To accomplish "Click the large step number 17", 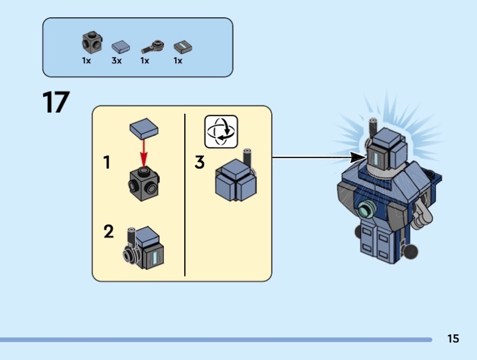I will click(55, 102).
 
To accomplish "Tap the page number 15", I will click(453, 339).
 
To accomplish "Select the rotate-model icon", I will click(221, 131).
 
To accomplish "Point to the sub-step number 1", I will click(107, 162).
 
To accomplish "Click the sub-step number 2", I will click(108, 231).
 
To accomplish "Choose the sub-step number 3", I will click(200, 162).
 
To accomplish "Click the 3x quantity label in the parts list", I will click(116, 61).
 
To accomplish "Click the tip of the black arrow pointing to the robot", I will click(363, 157).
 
